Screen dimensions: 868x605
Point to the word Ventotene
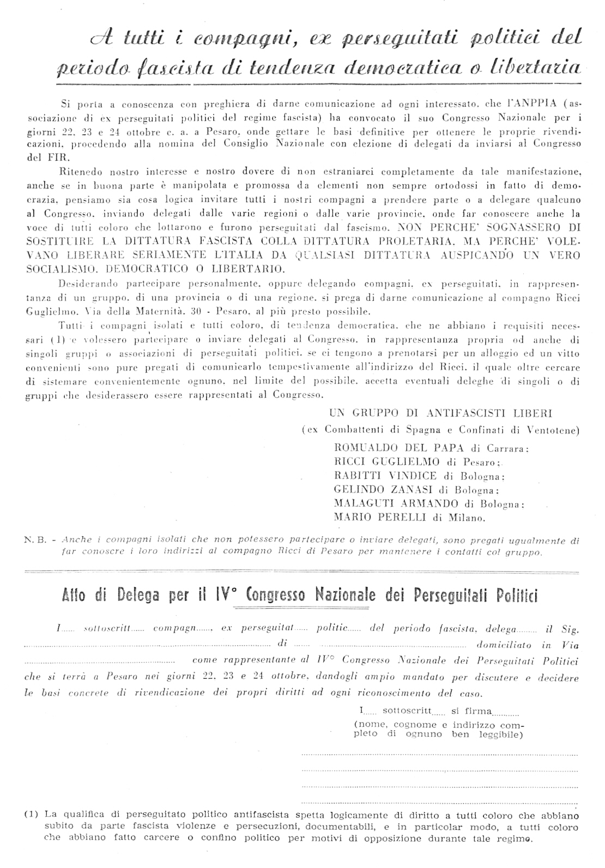point(553,429)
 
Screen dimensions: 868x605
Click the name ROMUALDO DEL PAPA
point(399,448)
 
